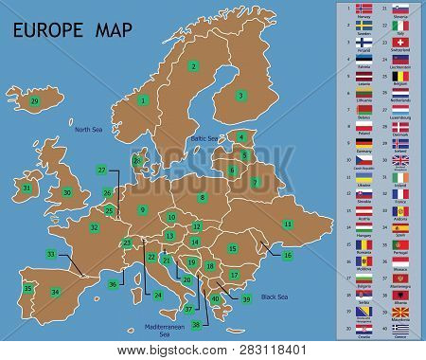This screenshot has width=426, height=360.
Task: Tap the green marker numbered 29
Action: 35,100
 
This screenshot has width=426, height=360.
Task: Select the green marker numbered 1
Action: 144,99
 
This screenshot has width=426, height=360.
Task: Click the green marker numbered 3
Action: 241,95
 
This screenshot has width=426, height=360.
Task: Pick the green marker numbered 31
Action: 27,189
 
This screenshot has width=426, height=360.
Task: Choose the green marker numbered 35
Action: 28,288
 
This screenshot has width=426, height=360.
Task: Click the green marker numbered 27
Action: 101,170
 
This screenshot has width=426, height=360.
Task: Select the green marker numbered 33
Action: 50,254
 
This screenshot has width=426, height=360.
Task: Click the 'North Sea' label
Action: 88,128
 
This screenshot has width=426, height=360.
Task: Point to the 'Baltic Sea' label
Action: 205,139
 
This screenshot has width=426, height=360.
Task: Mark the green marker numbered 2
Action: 193,65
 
